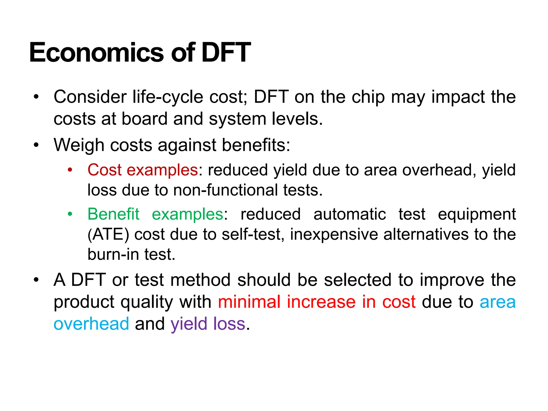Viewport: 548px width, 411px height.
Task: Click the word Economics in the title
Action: click(x=96, y=53)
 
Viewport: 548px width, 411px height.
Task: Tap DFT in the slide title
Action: click(x=226, y=53)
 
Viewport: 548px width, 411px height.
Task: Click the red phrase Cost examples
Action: click(x=143, y=170)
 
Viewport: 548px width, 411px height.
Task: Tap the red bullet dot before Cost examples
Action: click(x=70, y=170)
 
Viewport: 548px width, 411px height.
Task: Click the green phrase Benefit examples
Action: click(x=155, y=214)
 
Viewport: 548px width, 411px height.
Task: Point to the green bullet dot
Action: click(x=70, y=214)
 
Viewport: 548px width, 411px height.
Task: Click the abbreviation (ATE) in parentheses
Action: click(x=108, y=235)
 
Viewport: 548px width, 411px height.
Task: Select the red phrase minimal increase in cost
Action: click(x=317, y=302)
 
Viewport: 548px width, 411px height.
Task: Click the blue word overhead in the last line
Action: click(x=91, y=324)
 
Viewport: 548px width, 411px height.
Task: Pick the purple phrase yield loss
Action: click(x=208, y=324)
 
